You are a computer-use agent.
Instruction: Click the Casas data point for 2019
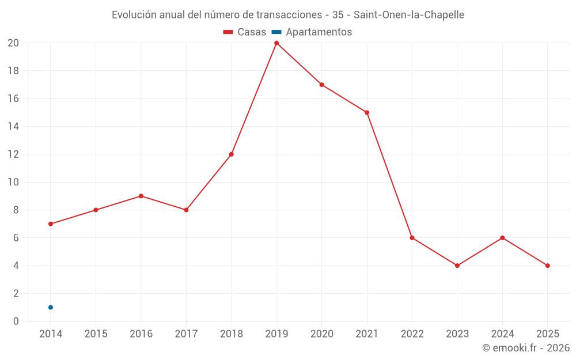click(276, 43)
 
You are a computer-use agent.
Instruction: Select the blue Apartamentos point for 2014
click(51, 308)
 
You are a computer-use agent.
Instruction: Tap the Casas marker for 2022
click(412, 238)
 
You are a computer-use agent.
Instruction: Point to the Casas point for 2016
click(141, 196)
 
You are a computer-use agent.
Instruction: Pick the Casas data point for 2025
click(547, 266)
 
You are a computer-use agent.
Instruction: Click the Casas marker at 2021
click(367, 112)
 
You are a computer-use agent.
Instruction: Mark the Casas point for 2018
click(232, 154)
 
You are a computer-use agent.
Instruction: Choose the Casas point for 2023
click(457, 266)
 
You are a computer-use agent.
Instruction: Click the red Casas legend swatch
click(228, 32)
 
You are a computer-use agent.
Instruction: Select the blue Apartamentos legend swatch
click(276, 32)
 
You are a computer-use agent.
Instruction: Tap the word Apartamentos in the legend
click(319, 32)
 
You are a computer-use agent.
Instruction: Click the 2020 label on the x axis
click(321, 334)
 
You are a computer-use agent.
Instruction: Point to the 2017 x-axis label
click(186, 334)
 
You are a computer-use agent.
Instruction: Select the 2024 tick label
click(502, 334)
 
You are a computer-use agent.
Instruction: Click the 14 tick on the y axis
click(13, 126)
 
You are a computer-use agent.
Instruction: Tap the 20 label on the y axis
click(13, 43)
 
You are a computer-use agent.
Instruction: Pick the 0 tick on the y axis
click(16, 321)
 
